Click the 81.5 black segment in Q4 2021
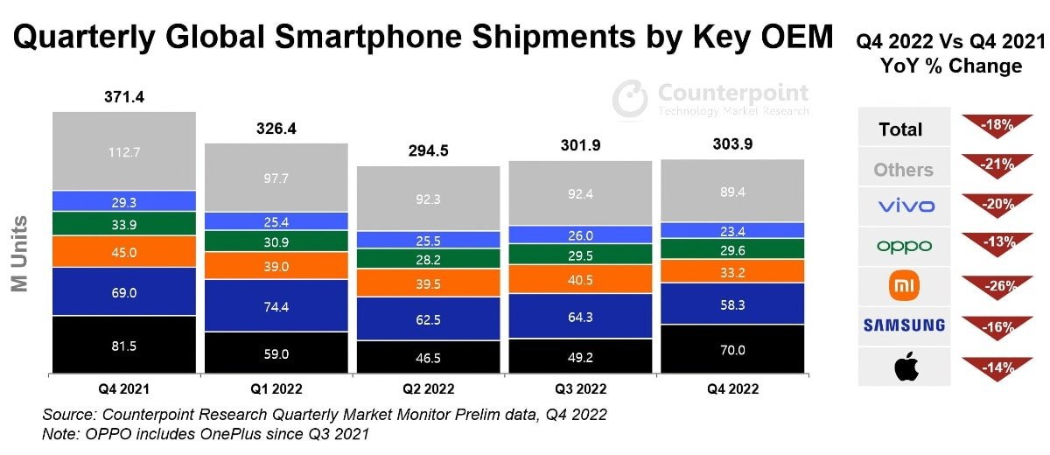[123, 345]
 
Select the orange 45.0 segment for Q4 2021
[123, 252]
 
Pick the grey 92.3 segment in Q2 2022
[428, 199]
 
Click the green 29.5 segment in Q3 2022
[581, 255]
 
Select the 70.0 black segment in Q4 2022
[733, 349]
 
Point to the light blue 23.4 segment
[733, 231]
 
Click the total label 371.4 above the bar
[123, 97]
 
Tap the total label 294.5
[428, 150]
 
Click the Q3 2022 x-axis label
[581, 388]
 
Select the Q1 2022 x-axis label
[276, 388]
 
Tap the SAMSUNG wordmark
[904, 326]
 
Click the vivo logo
[905, 206]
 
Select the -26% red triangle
[997, 285]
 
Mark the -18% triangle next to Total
[997, 126]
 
